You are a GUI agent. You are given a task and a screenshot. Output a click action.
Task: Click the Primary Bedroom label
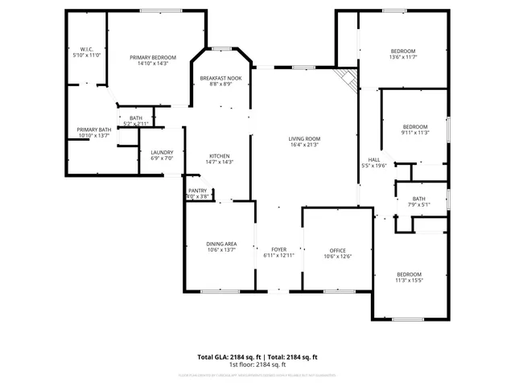click(x=153, y=58)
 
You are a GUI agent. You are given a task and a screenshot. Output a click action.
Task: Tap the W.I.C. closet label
click(x=86, y=49)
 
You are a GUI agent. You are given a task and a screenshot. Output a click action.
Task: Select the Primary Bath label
click(x=94, y=130)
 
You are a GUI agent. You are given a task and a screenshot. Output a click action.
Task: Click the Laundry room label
click(x=162, y=153)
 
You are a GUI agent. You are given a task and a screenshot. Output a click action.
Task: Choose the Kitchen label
click(x=220, y=156)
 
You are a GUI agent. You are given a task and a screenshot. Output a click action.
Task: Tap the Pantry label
click(x=197, y=191)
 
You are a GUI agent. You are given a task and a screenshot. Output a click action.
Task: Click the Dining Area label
click(x=220, y=244)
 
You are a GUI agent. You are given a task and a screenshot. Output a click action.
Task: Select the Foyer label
click(x=278, y=249)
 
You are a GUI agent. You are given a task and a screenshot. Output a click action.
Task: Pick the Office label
click(x=338, y=250)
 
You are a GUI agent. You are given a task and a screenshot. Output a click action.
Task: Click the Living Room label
click(x=304, y=139)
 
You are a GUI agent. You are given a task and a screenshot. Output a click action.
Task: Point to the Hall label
click(x=374, y=159)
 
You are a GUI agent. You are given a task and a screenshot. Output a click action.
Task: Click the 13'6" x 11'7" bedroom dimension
click(x=402, y=57)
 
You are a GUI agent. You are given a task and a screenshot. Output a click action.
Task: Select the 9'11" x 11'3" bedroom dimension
click(x=414, y=133)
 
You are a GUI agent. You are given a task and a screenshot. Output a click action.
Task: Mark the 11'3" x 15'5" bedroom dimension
click(x=409, y=281)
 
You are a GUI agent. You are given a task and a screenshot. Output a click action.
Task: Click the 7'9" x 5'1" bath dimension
click(x=418, y=204)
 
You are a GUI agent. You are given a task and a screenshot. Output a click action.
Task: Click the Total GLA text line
click(x=257, y=357)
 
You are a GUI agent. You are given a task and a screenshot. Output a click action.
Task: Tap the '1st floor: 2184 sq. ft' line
click(x=257, y=364)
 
